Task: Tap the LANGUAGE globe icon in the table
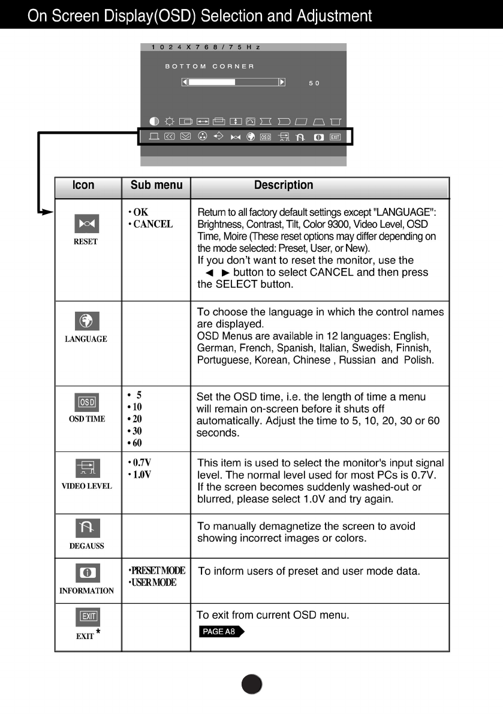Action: coord(86,321)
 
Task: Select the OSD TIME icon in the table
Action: coord(86,402)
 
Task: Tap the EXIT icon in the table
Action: coord(88,616)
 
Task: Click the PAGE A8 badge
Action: coord(221,631)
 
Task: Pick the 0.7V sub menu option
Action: coord(141,463)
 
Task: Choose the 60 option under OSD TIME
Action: coord(136,443)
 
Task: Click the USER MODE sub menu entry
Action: coord(153,582)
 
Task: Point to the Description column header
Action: coord(284,185)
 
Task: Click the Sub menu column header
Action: coord(156,185)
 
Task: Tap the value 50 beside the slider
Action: coord(314,83)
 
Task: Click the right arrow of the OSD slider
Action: coord(282,82)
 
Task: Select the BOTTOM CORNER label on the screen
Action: coord(209,66)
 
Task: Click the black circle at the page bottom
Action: coord(252,683)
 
